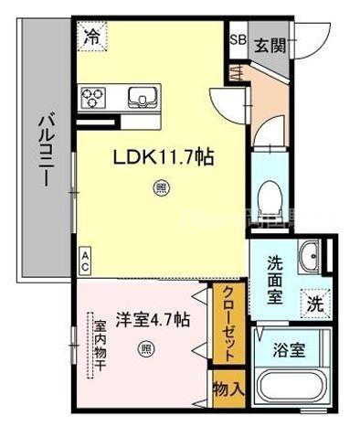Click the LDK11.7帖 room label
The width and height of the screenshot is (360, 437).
pos(164,158)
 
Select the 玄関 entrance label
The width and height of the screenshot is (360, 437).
pos(269,44)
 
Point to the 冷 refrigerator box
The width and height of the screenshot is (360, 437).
pos(93,37)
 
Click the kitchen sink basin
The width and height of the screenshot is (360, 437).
pos(143,97)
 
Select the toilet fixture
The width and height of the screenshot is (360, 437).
pos(271,191)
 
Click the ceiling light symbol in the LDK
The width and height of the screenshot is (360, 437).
pos(162,189)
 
